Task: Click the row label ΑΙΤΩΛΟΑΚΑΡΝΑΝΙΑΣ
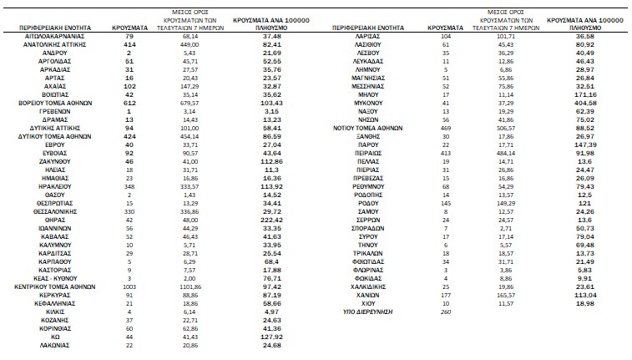point(56,37)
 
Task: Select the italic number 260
point(444,311)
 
